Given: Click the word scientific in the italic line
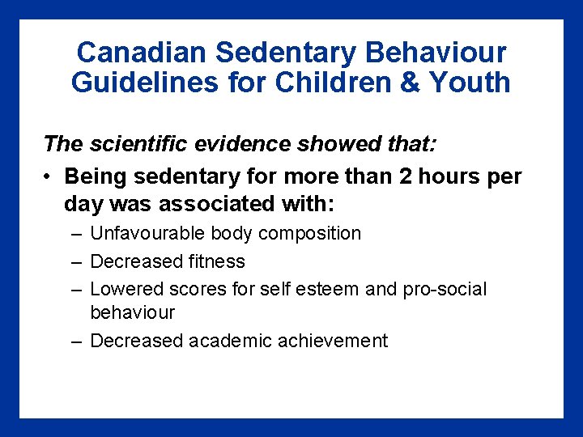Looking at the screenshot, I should pyautogui.click(x=134, y=144).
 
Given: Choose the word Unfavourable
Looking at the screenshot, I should pyautogui.click(x=148, y=234).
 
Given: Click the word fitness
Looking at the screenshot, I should pyautogui.click(x=216, y=261).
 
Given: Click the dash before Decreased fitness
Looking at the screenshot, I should pyautogui.click(x=75, y=261).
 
